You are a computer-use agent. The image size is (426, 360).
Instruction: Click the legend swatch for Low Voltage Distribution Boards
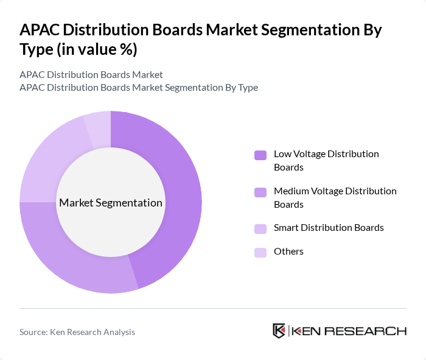[x=260, y=155]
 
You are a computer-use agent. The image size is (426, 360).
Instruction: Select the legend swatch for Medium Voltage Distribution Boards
[x=260, y=192]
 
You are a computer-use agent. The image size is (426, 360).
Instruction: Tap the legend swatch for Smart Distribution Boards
[x=260, y=228]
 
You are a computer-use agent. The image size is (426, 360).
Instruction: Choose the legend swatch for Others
[x=260, y=252]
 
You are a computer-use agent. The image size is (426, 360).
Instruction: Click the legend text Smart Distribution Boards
[x=329, y=228]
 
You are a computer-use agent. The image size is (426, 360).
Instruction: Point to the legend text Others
[x=288, y=252]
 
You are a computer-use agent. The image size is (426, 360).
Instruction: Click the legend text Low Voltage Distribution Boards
[x=326, y=160]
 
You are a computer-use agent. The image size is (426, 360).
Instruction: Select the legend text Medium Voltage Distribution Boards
[x=335, y=197]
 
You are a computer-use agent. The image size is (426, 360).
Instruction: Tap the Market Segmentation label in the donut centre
[x=111, y=203]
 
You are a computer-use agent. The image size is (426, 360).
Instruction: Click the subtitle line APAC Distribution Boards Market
[x=91, y=74]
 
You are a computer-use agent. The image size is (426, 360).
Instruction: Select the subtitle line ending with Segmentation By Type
[x=139, y=87]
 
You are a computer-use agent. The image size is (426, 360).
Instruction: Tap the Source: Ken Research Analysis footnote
[x=77, y=332]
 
